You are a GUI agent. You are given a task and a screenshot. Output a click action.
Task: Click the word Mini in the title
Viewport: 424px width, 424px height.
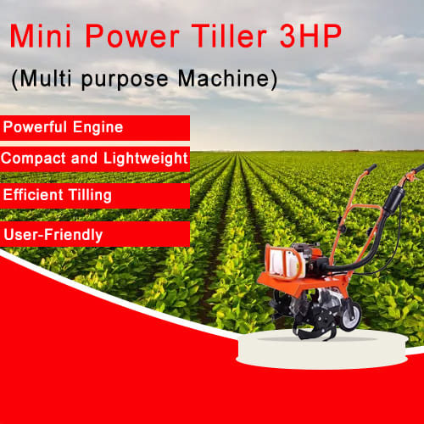tap(40, 36)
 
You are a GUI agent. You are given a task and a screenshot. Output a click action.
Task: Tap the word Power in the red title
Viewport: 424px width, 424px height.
tap(132, 36)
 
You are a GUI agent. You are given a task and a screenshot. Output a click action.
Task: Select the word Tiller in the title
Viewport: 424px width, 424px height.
tap(229, 36)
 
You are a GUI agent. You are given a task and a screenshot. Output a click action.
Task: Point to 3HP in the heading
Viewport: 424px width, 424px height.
tap(310, 36)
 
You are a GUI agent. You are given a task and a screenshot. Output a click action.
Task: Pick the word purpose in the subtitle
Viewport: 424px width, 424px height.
tap(125, 80)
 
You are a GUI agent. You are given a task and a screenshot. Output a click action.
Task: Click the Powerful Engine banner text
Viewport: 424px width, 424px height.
tap(63, 127)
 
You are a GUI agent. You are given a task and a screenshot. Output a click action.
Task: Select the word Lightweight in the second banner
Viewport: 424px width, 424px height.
tap(146, 159)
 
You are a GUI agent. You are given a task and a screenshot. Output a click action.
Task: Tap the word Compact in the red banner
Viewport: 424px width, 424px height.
tap(33, 159)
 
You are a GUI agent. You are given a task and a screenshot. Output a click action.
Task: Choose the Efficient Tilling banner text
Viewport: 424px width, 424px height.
tap(58, 195)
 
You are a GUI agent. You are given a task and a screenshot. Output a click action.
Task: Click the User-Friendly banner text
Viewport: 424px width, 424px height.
tap(53, 235)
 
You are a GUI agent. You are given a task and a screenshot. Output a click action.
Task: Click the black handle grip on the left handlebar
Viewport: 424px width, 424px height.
tap(371, 168)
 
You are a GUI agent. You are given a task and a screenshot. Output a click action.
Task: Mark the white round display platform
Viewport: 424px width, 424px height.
tap(321, 350)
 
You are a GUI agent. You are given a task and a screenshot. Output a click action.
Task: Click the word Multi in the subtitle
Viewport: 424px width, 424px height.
tap(45, 78)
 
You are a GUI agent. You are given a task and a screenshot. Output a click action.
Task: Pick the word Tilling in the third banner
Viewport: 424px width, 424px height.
tap(90, 195)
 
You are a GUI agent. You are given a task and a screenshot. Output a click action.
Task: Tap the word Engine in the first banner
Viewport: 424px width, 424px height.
tap(98, 127)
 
